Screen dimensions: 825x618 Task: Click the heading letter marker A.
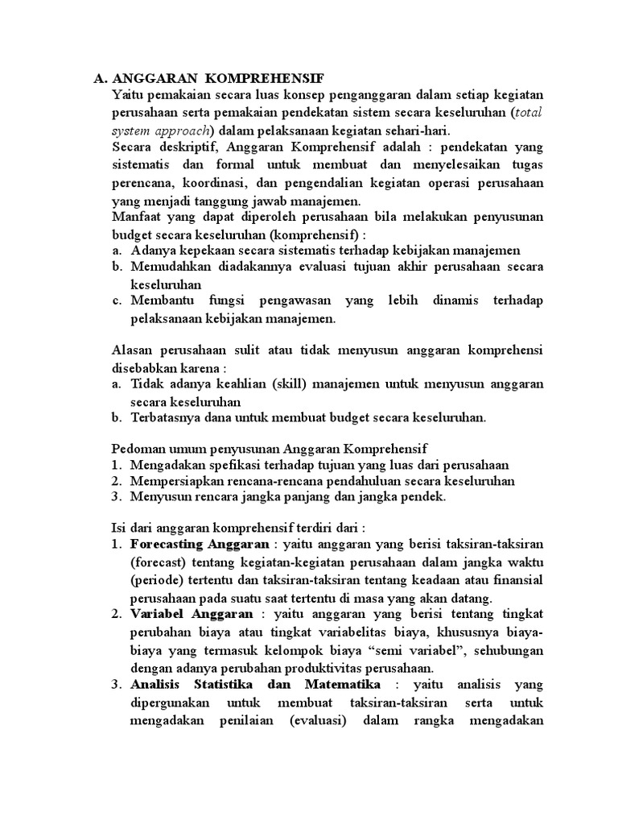pyautogui.click(x=100, y=78)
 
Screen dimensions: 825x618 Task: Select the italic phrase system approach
pyautogui.click(x=160, y=130)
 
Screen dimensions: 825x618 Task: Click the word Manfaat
pyautogui.click(x=134, y=217)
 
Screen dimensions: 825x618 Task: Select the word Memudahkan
pyautogui.click(x=168, y=267)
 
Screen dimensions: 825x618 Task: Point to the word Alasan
pyautogui.click(x=130, y=350)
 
